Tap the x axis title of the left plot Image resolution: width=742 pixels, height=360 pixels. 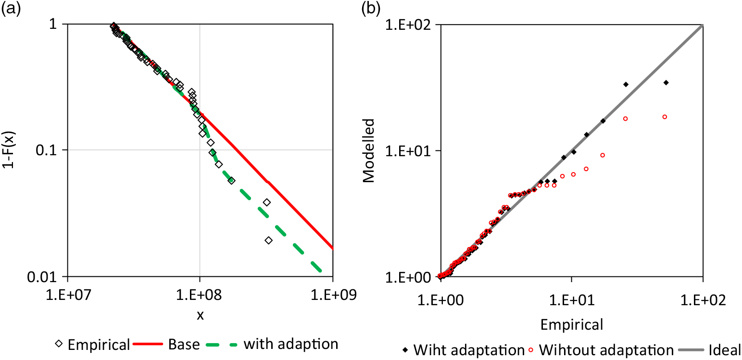pos(200,316)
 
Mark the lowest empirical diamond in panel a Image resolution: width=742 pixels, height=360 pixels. pos(268,240)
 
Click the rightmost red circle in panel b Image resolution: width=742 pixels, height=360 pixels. pos(665,117)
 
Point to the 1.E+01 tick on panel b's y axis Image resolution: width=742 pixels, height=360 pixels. pos(408,150)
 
